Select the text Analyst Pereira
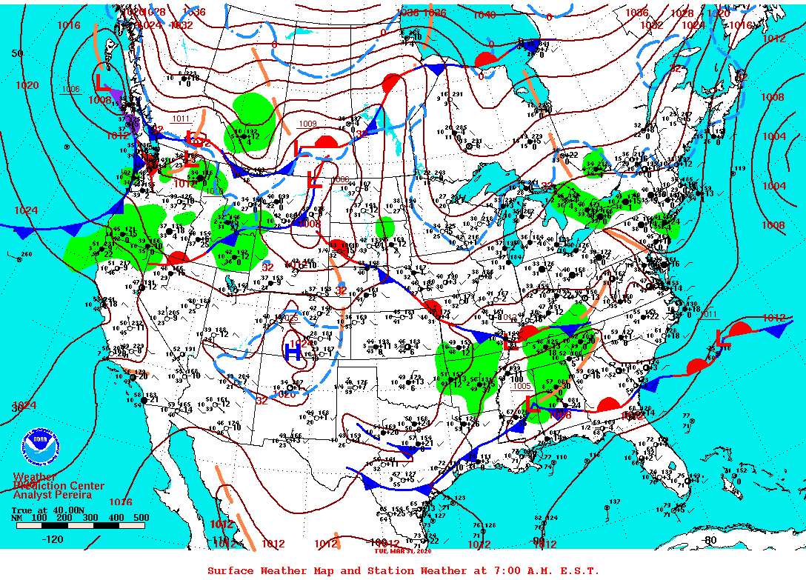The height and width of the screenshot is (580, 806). [x=53, y=495]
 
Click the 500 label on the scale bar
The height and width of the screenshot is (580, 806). [x=141, y=517]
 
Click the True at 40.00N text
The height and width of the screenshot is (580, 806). [x=43, y=510]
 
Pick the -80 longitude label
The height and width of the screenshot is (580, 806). [x=710, y=540]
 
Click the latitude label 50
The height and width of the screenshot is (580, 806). [x=18, y=53]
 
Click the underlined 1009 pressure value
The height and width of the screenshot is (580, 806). [x=307, y=124]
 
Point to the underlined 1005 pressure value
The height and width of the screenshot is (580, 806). [x=522, y=385]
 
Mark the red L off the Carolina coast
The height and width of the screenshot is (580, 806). [x=723, y=339]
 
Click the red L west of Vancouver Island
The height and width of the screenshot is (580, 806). [x=102, y=78]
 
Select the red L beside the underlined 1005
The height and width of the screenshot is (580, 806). [x=531, y=405]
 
